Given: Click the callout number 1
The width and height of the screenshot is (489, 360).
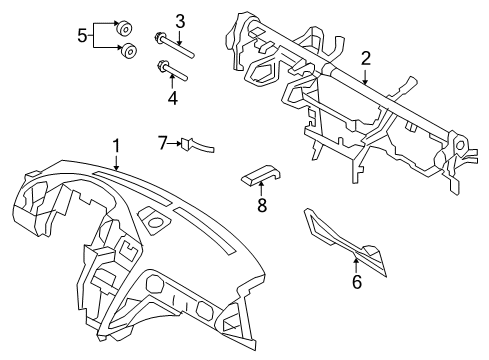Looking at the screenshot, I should click(x=116, y=147).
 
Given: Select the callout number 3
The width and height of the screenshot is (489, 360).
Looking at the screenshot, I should click(x=180, y=20).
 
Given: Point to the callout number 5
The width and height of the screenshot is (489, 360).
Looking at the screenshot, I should click(x=83, y=37).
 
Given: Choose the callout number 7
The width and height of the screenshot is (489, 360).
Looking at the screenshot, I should click(x=162, y=143).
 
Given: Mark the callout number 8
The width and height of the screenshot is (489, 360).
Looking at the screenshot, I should click(x=263, y=205).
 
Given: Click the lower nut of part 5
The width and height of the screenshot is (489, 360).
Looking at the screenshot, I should click(x=128, y=50).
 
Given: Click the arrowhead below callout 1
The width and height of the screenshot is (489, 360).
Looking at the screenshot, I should click(x=116, y=171).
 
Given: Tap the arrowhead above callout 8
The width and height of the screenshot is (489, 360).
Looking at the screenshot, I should click(x=262, y=185).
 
